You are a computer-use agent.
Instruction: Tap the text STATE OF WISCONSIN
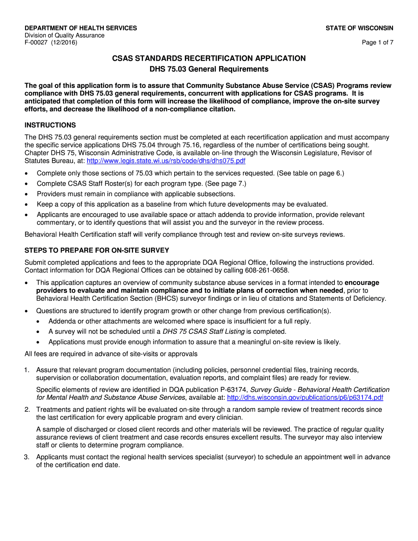[x=359, y=28]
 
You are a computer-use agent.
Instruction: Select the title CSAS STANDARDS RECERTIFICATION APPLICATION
[x=209, y=58]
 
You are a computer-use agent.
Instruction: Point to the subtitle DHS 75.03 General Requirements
[x=209, y=69]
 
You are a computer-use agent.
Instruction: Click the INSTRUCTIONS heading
[x=50, y=125]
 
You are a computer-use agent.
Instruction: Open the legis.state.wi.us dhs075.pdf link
[x=166, y=161]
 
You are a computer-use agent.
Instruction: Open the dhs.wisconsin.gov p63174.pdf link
[x=305, y=398]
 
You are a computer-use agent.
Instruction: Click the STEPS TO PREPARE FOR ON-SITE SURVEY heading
[x=97, y=251]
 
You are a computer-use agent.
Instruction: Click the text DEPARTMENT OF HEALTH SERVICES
[x=81, y=28]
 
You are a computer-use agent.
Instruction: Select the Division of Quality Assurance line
[x=64, y=35]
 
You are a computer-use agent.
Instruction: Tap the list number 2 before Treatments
[x=27, y=409]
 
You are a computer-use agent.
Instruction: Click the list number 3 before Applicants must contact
[x=27, y=457]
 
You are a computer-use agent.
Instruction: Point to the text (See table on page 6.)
[x=310, y=173]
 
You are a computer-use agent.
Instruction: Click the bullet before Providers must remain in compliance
[x=27, y=194]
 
